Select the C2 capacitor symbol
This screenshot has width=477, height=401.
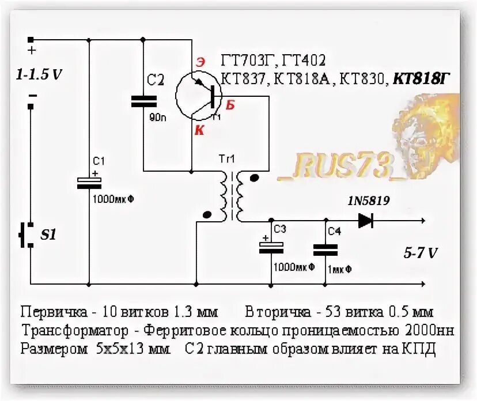click(143, 101)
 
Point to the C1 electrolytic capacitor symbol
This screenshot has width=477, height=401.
click(89, 183)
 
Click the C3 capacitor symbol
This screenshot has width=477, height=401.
click(271, 247)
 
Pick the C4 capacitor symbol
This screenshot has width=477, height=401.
click(325, 249)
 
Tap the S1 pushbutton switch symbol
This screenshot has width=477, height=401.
click(27, 235)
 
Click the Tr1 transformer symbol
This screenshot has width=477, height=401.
click(232, 196)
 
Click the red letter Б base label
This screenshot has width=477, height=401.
click(230, 105)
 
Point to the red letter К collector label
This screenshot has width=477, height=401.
click(199, 131)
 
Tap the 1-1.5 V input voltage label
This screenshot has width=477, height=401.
click(39, 74)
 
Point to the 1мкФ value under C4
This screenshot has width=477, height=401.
click(340, 268)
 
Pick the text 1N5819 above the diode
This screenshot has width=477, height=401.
click(368, 201)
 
